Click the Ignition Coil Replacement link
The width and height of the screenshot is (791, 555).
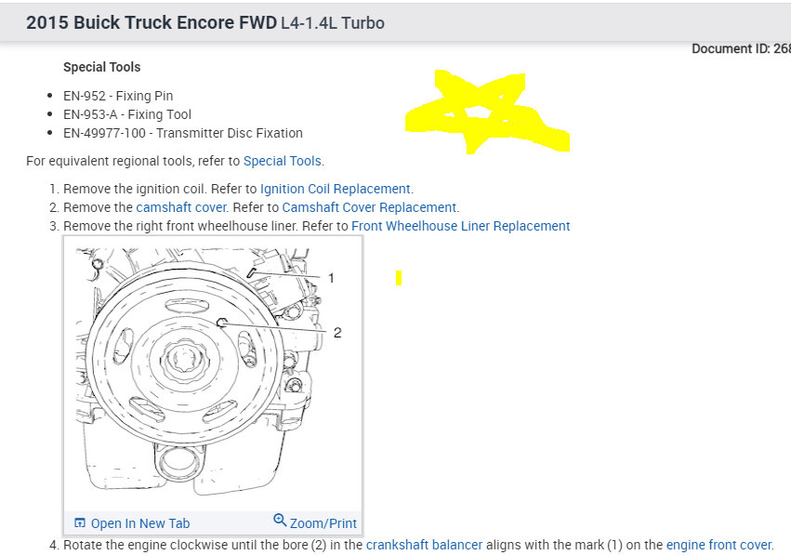click(x=335, y=189)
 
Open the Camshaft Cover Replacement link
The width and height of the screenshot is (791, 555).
click(x=369, y=207)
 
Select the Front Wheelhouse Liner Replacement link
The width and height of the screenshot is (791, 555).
click(x=461, y=226)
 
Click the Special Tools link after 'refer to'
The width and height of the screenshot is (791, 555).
click(x=282, y=161)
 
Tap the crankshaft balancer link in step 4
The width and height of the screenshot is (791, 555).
click(x=424, y=545)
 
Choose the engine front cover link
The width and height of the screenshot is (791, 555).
click(x=718, y=545)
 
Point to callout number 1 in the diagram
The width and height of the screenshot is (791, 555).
click(x=331, y=278)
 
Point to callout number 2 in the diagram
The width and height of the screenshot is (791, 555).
click(x=337, y=333)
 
